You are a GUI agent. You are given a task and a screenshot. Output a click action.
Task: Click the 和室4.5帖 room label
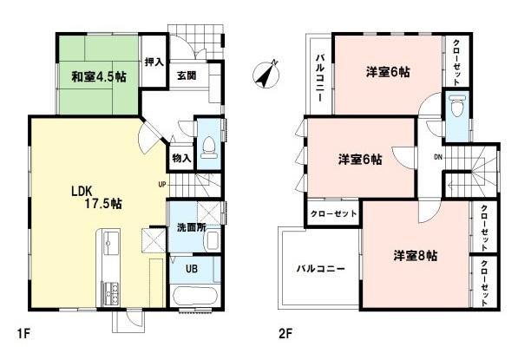point(97,76)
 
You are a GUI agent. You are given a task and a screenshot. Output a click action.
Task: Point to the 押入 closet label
point(154,62)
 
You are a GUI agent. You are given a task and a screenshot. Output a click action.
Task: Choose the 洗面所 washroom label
point(188,226)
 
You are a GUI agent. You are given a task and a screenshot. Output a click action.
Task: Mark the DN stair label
point(438,157)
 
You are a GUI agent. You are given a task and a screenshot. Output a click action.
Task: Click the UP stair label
point(161,184)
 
